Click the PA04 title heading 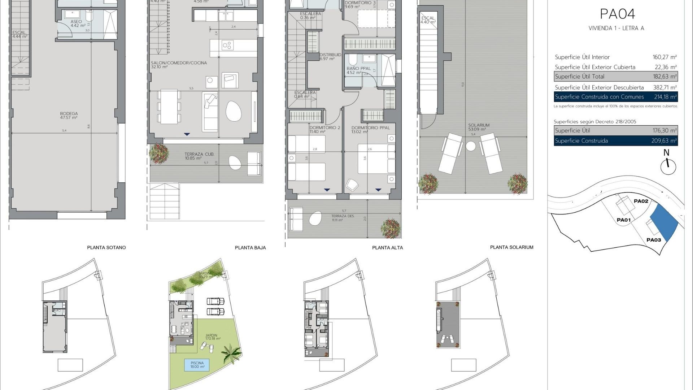[x=617, y=14]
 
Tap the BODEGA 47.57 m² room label [x=69, y=116]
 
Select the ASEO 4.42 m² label [x=77, y=23]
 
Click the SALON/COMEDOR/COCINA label [x=179, y=65]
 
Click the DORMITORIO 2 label [x=324, y=129]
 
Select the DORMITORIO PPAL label [x=370, y=129]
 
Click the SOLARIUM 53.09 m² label [x=479, y=127]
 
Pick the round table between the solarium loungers [x=471, y=146]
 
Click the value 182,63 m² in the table [x=664, y=77]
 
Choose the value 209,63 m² [x=664, y=141]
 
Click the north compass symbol [x=668, y=166]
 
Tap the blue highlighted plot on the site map [x=664, y=224]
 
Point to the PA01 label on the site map [x=623, y=220]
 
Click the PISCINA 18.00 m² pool [x=197, y=365]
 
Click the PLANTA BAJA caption [x=250, y=248]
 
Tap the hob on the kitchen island [x=227, y=45]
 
